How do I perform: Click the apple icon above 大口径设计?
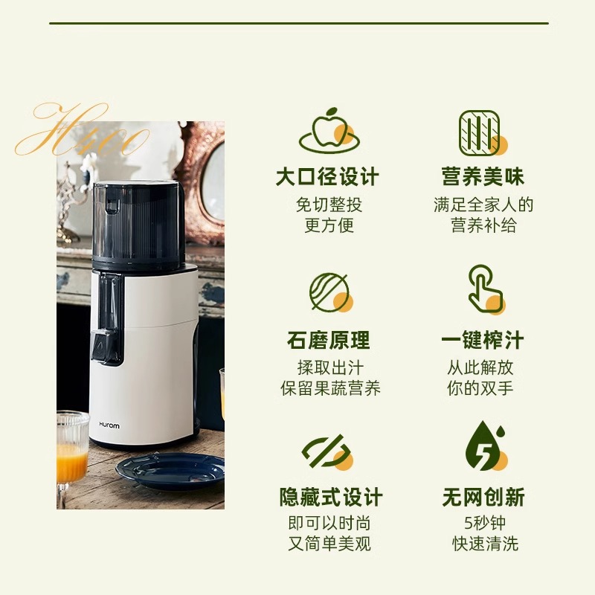click(328, 132)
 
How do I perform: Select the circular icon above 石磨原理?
click(329, 292)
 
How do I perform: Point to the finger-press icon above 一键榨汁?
click(484, 290)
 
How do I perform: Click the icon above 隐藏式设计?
click(327, 451)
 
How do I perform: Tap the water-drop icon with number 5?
click(484, 447)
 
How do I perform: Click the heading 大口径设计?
click(328, 178)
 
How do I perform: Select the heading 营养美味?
click(483, 178)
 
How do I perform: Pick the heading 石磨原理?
click(328, 341)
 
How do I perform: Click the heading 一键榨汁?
click(483, 341)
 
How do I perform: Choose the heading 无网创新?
click(483, 498)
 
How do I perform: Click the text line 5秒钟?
click(484, 523)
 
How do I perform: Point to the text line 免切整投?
click(328, 205)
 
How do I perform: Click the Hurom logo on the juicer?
click(109, 425)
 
